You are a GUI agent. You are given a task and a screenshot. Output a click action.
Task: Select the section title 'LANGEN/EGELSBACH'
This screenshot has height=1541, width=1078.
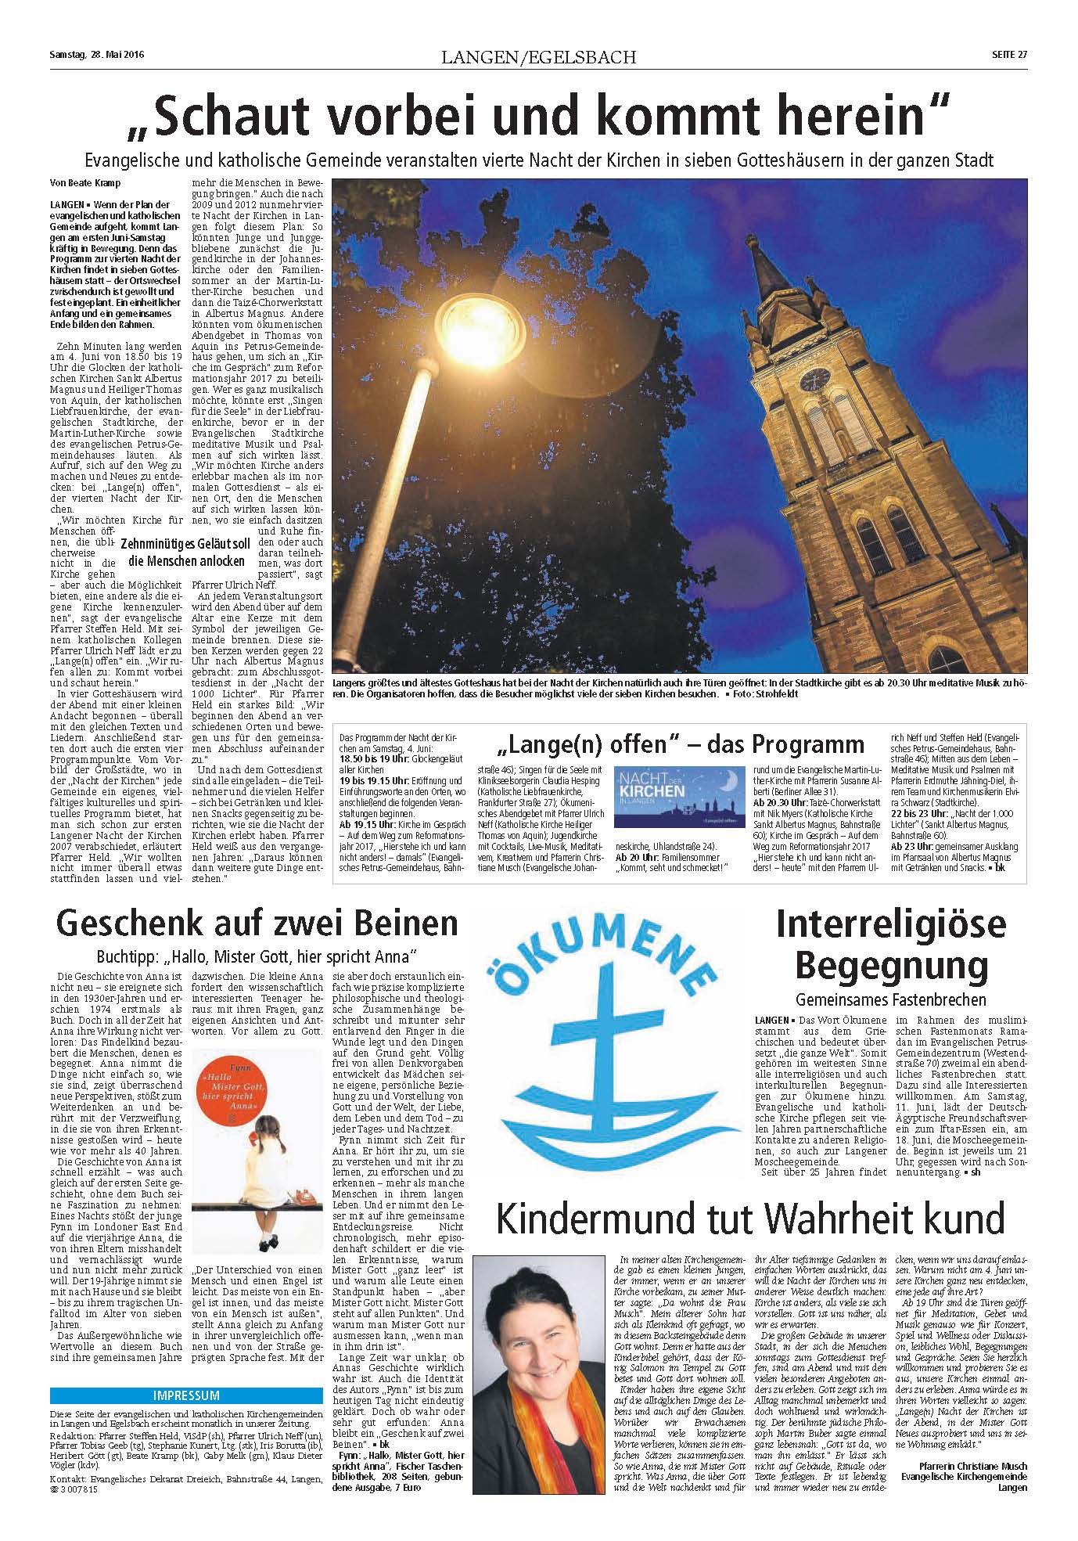pos(538,57)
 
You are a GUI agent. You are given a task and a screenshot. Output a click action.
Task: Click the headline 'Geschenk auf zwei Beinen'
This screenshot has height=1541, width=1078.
pos(257,923)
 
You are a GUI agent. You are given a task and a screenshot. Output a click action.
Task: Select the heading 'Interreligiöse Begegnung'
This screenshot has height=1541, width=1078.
pos(890,945)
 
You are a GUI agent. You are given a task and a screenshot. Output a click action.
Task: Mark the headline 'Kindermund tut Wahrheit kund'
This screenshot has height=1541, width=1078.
pos(749,1219)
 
